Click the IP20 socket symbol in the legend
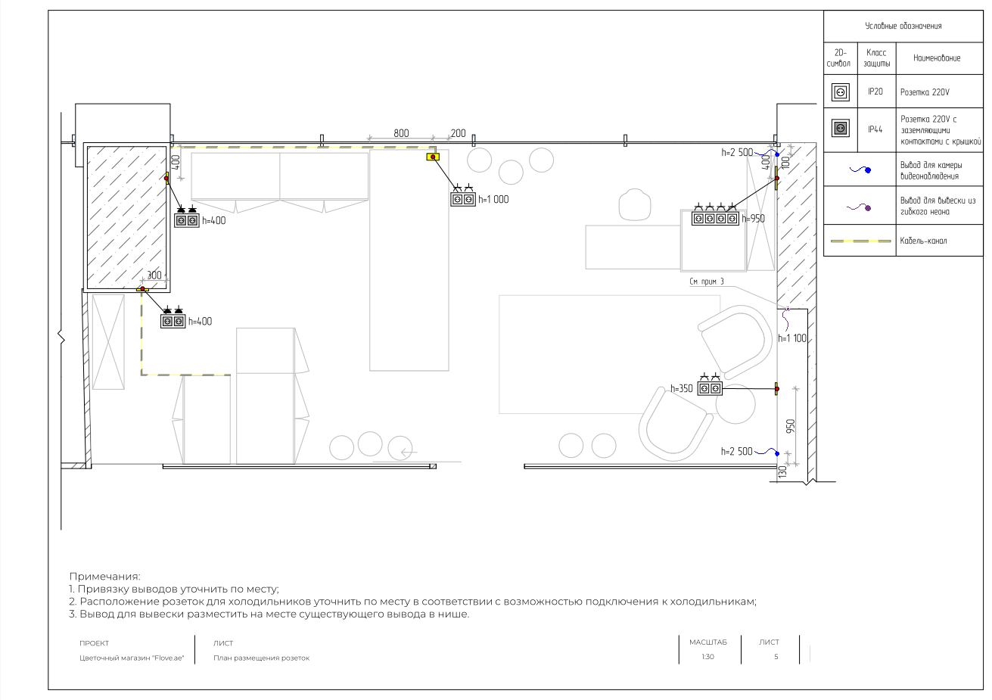pos(840,92)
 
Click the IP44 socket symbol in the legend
pos(840,129)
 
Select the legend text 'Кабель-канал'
pos(923,241)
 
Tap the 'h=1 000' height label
pos(493,200)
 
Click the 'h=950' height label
pos(753,219)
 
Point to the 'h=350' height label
pos(681,389)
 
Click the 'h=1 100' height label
pos(792,339)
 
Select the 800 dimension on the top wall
pos(401,133)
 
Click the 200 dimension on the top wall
pos(458,133)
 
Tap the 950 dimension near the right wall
pos(791,426)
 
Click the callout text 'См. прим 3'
pos(706,282)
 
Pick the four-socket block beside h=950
pos(715,219)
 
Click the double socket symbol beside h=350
pos(710,389)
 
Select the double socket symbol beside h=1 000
pos(463,200)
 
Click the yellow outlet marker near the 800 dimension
pos(433,157)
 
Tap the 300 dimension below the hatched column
pos(154,275)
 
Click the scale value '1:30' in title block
pos(707,657)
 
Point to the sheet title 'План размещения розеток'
pos(261,658)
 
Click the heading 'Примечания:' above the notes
pos(104,577)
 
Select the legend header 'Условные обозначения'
pos(903,26)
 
